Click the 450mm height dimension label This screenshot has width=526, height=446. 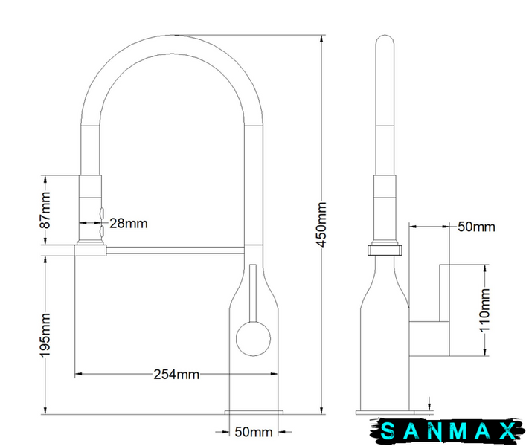tap(321, 224)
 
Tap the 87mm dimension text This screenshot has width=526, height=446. tap(45, 210)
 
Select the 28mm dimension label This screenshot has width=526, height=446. tap(129, 224)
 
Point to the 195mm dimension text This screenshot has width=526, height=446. tap(45, 335)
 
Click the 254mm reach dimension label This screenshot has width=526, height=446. tap(176, 375)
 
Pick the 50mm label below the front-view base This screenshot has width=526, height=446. tap(254, 432)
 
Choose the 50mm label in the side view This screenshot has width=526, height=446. tap(476, 227)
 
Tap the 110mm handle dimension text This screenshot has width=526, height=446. tap(485, 310)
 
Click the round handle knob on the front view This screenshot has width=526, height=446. tap(253, 339)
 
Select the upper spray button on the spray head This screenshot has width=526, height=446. tap(102, 213)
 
